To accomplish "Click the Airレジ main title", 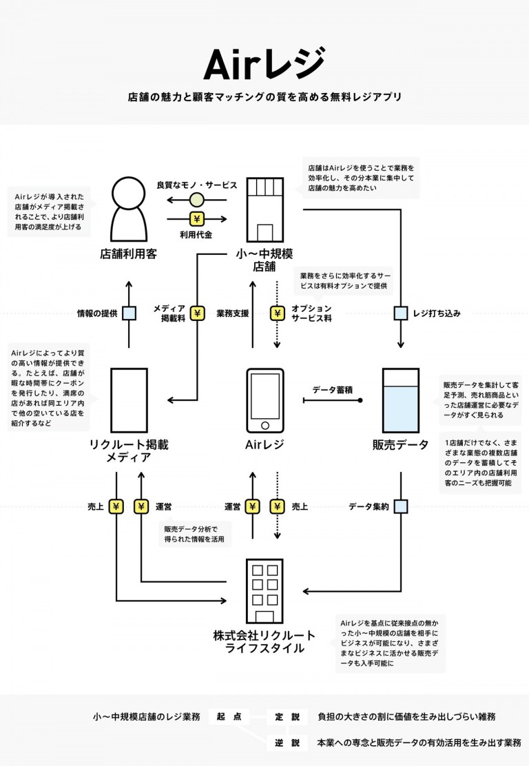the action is click(x=264, y=64).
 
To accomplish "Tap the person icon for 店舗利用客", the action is click(x=129, y=209).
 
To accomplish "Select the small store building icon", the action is click(x=264, y=210).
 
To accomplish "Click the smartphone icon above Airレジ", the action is click(x=264, y=401).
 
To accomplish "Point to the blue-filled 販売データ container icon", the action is click(x=400, y=401).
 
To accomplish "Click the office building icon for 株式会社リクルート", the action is click(x=264, y=591).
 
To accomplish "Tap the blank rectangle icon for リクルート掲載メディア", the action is click(x=129, y=401).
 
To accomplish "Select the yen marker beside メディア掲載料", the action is click(x=197, y=313).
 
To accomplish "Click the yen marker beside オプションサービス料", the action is click(x=278, y=313).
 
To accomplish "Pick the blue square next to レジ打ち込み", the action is click(x=400, y=313).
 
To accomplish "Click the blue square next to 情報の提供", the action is click(x=129, y=313).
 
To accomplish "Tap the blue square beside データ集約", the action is click(x=400, y=506).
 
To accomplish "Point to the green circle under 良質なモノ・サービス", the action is click(x=196, y=200).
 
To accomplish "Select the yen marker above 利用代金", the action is click(x=196, y=219).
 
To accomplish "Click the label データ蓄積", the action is click(x=333, y=390).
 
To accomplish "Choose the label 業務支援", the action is click(x=233, y=313).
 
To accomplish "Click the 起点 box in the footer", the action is click(x=229, y=716).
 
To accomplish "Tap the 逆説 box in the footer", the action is click(x=287, y=743).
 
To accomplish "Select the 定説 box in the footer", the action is click(x=287, y=716).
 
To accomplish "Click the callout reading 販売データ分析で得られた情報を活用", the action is click(x=194, y=534).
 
